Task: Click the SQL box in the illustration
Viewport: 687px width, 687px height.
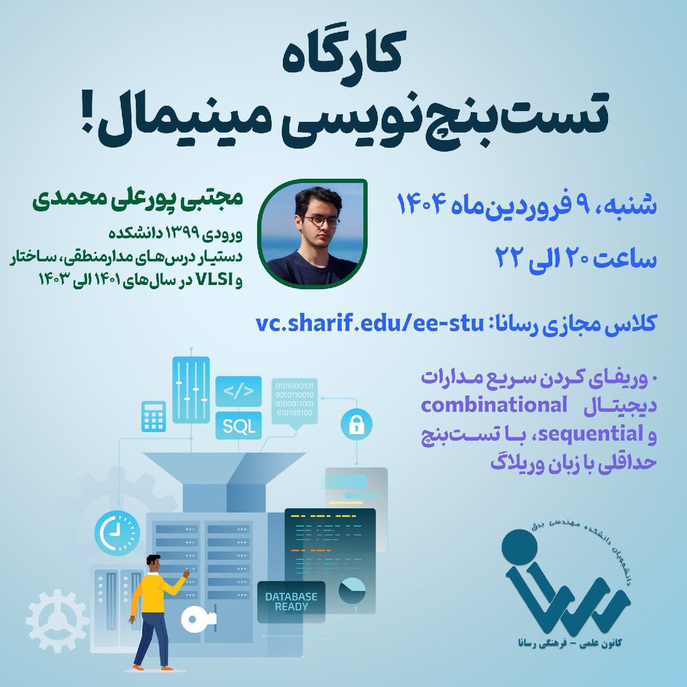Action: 238,425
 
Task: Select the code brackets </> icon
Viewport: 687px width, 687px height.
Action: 238,391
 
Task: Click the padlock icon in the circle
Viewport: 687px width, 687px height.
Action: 356,425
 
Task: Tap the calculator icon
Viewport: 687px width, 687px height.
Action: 154,416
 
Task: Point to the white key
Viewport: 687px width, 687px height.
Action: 198,619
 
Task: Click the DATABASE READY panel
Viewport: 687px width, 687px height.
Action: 291,602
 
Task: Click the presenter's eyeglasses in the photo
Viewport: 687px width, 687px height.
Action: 321,222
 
